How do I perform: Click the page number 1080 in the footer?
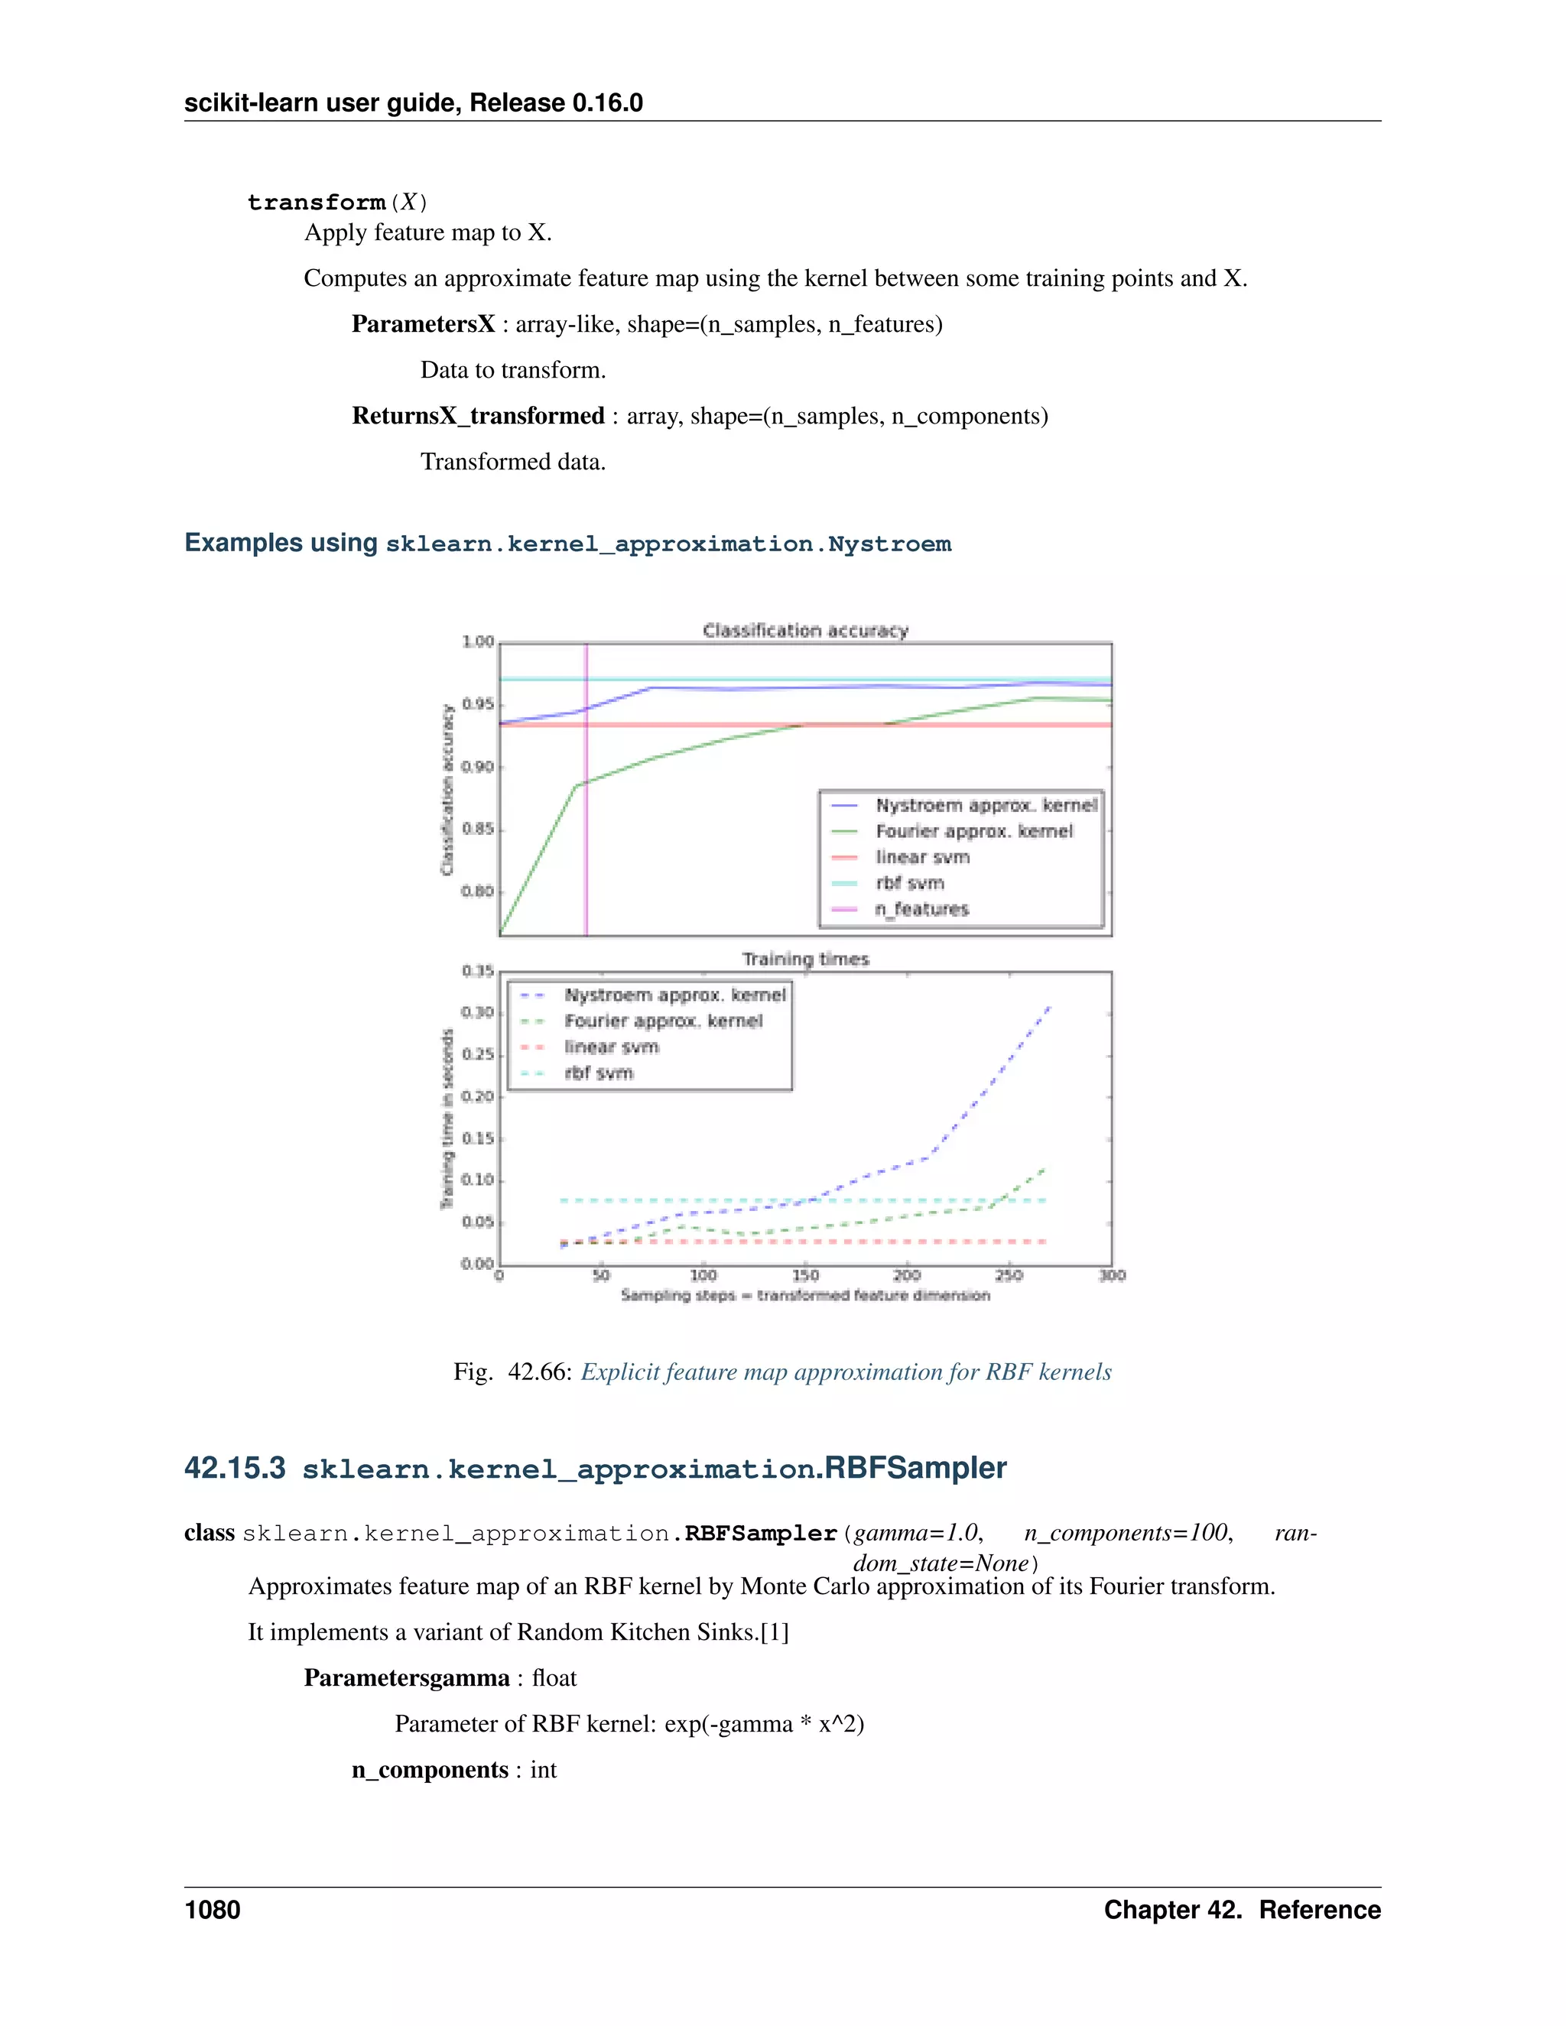point(213,1910)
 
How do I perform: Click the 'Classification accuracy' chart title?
point(805,631)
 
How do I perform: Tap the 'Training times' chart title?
point(805,959)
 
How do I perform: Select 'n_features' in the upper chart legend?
point(921,909)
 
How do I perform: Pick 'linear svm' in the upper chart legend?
point(922,857)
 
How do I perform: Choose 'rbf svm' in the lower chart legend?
point(599,1073)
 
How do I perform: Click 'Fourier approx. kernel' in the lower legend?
point(663,1021)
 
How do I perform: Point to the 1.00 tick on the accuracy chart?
point(478,642)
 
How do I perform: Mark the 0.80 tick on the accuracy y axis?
point(478,891)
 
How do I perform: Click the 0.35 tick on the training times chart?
point(478,971)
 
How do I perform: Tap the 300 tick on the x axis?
point(1111,1275)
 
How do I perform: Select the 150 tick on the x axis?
point(805,1275)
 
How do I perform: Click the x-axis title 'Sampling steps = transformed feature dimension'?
point(805,1295)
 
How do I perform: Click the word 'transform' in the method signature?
point(317,203)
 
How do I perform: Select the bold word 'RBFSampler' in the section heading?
point(915,1469)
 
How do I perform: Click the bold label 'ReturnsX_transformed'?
point(478,416)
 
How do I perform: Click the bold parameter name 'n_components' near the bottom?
point(430,1770)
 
